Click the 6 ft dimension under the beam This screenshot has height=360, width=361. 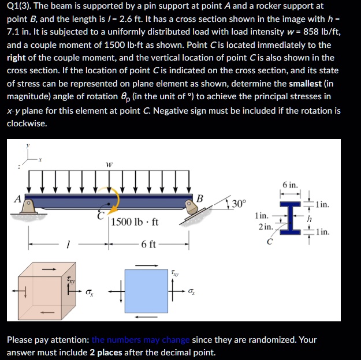coord(148,244)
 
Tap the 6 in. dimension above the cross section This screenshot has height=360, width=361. coord(291,185)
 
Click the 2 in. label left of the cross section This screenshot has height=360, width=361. coord(265,226)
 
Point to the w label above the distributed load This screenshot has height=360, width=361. coord(109,164)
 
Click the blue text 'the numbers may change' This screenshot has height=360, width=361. coord(140,340)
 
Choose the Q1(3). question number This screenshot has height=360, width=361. coord(22,6)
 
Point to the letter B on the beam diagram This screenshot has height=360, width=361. coord(200,198)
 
